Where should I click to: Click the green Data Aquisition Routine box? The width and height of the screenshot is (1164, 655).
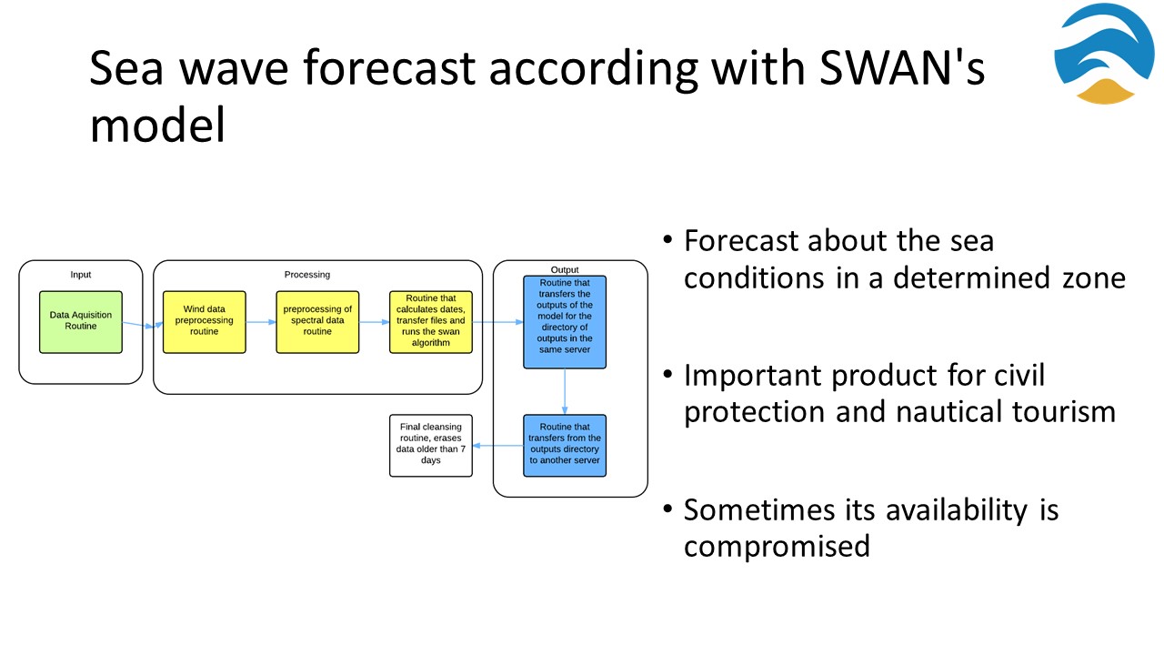pyautogui.click(x=81, y=322)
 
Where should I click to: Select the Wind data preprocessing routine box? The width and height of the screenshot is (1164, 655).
pyautogui.click(x=205, y=322)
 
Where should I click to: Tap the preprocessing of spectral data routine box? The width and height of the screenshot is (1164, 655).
pyautogui.click(x=317, y=322)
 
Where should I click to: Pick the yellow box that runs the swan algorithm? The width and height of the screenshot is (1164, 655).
pyautogui.click(x=431, y=322)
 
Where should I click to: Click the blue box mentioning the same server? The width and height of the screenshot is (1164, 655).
pyautogui.click(x=565, y=322)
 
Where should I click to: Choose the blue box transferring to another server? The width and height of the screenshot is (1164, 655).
pyautogui.click(x=565, y=446)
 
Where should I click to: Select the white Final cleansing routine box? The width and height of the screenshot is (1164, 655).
pyautogui.click(x=431, y=446)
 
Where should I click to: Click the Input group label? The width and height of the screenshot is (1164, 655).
pyautogui.click(x=81, y=275)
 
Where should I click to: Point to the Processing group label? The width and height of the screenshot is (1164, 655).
pyautogui.click(x=307, y=275)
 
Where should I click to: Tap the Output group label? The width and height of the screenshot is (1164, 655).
pyautogui.click(x=565, y=270)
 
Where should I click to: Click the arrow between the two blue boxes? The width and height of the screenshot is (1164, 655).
pyautogui.click(x=565, y=391)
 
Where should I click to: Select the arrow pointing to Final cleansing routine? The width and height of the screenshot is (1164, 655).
pyautogui.click(x=497, y=446)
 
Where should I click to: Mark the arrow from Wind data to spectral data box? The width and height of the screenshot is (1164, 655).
pyautogui.click(x=261, y=322)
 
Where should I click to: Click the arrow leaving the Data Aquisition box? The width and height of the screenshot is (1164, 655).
pyautogui.click(x=143, y=325)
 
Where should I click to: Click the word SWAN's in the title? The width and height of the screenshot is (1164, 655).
pyautogui.click(x=901, y=67)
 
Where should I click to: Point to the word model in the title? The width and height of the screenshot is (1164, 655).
pyautogui.click(x=157, y=125)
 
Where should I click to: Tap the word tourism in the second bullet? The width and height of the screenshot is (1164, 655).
pyautogui.click(x=1064, y=412)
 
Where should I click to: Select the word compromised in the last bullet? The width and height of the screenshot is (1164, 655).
pyautogui.click(x=777, y=547)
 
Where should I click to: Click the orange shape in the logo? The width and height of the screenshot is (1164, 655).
pyautogui.click(x=1105, y=92)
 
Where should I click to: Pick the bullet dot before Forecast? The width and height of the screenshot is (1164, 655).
pyautogui.click(x=667, y=239)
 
